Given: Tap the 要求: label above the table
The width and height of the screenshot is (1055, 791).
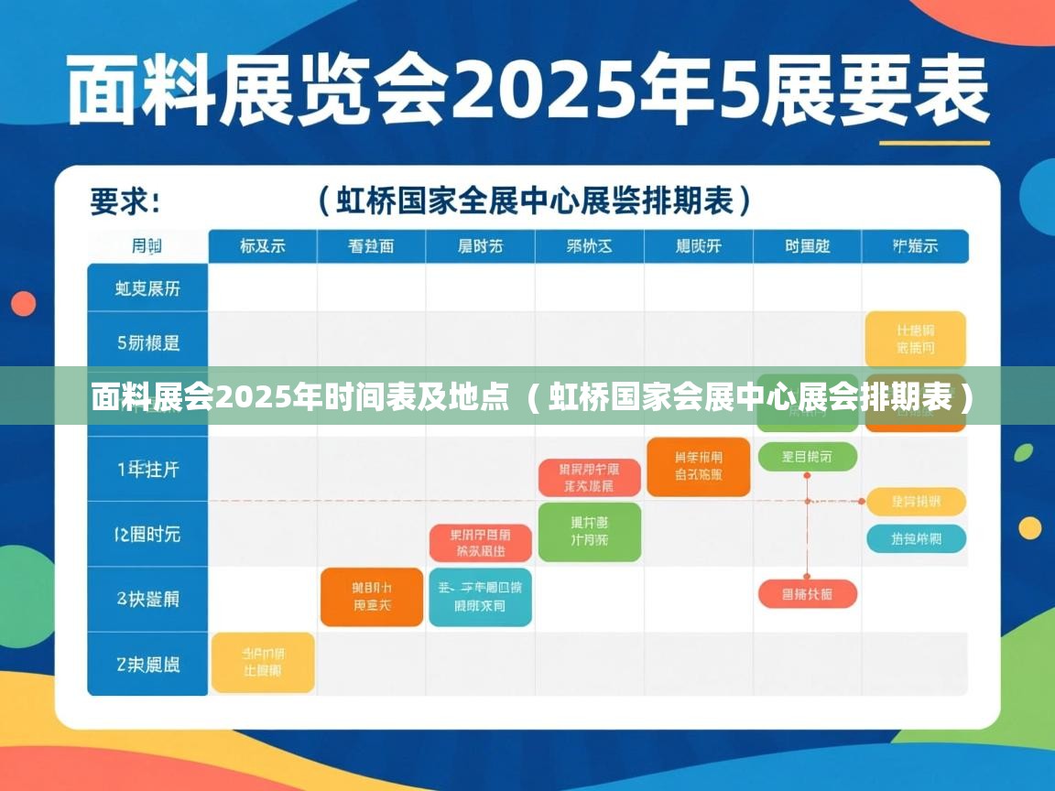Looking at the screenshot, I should coord(125,200).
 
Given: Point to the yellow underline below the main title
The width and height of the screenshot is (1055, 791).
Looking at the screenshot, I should coord(934,143).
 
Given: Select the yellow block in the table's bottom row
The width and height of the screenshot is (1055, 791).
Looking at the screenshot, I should coord(263,662).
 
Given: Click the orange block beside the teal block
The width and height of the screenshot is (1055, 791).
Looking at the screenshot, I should coord(372,597).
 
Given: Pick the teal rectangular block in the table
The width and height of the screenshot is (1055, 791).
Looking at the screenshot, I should coord(480,597).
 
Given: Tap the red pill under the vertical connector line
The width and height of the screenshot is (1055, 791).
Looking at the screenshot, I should coord(808,594).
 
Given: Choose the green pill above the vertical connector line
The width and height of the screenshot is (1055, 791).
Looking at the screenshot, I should coord(808,456).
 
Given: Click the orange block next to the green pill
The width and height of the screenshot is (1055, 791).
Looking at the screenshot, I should coord(698,466).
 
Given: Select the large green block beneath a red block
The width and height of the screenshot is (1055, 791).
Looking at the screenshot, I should coord(589,531).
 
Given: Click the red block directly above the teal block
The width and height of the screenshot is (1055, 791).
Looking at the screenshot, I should coord(480,542).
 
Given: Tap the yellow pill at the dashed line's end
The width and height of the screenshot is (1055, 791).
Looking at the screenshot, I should coord(916,502).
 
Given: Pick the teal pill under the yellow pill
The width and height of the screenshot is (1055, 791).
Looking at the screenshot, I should coord(916,538).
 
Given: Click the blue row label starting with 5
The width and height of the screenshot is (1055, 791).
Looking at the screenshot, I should coord(147,343).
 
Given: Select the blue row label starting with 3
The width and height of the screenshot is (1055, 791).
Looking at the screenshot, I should coord(147,599).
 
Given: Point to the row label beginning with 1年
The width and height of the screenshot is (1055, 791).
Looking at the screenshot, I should coord(147,470).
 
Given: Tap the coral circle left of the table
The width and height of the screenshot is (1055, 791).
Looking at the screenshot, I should coord(24,303).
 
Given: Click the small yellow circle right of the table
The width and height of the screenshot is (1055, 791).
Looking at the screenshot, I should coord(1030,527).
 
